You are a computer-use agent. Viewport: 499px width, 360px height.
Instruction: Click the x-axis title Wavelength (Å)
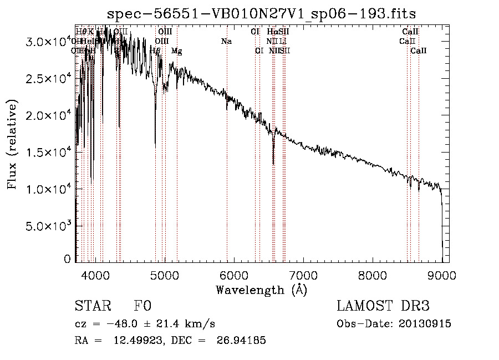tap(261, 290)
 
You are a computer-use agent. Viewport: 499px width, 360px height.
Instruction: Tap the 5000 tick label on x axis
tap(165, 275)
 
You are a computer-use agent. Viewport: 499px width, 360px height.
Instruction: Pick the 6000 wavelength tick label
tap(234, 275)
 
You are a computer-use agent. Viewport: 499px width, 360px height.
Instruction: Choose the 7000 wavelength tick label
tap(303, 275)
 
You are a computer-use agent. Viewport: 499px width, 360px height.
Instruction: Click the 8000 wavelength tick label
tap(373, 275)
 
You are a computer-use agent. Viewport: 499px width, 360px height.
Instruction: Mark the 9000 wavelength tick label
tap(442, 275)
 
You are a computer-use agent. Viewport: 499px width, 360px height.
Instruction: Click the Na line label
tap(226, 42)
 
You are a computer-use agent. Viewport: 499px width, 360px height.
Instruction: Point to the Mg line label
tap(176, 51)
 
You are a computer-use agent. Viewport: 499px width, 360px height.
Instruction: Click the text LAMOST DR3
tap(383, 307)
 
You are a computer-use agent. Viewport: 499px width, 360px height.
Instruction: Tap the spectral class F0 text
tap(142, 307)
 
